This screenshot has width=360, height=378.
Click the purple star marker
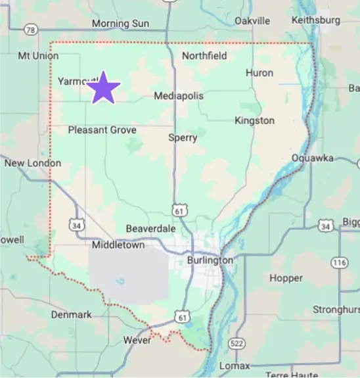pyautogui.click(x=103, y=88)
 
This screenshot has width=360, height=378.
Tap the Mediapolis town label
pyautogui.click(x=179, y=96)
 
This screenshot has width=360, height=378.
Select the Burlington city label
pyautogui.click(x=210, y=260)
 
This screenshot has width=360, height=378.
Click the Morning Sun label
pyautogui.click(x=120, y=24)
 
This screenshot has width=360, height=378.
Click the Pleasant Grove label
pyautogui.click(x=102, y=130)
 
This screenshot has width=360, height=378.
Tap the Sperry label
pyautogui.click(x=183, y=137)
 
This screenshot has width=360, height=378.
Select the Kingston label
pyautogui.click(x=254, y=120)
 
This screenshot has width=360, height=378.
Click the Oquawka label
pyautogui.click(x=313, y=158)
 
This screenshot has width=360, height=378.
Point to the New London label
pyautogui.click(x=33, y=163)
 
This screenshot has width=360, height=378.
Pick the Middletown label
pyautogui.click(x=118, y=245)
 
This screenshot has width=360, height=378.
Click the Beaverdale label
pyautogui.click(x=151, y=228)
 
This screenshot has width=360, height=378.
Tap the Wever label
pyautogui.click(x=137, y=341)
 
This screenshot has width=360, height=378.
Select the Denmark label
pyautogui.click(x=72, y=315)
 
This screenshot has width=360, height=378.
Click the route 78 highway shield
pyautogui.click(x=30, y=29)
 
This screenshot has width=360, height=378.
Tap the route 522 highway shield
pyautogui.click(x=237, y=344)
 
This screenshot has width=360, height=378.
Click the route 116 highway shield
pyautogui.click(x=339, y=262)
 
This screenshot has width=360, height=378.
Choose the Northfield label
pyautogui.click(x=204, y=56)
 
